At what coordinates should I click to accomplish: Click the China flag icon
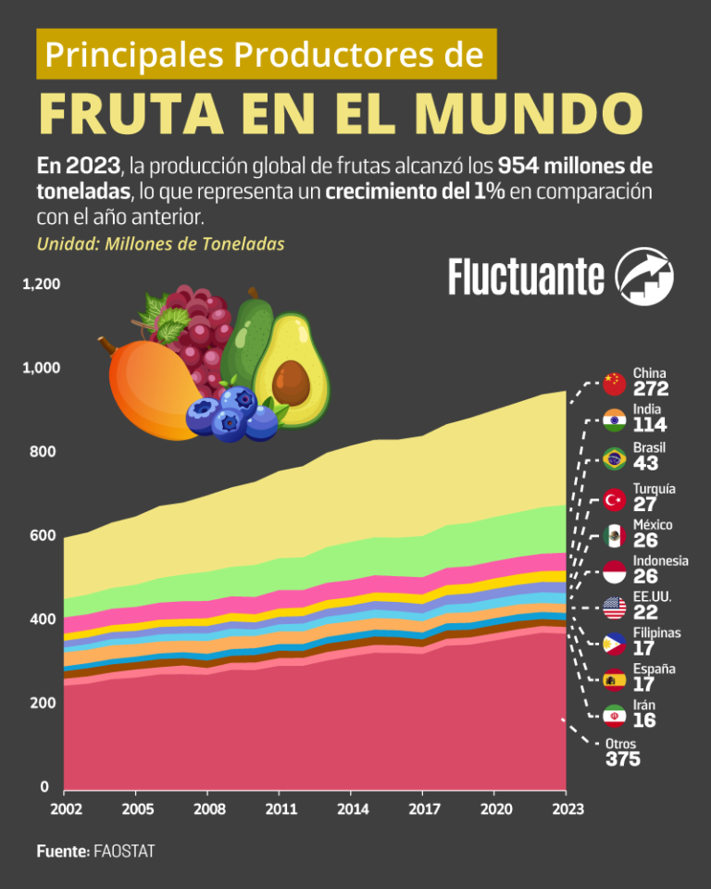(x=614, y=382)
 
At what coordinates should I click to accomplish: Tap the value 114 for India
(x=650, y=426)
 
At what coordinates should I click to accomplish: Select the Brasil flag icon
(x=614, y=458)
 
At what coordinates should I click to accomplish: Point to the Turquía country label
(x=654, y=488)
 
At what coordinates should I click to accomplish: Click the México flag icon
(x=614, y=535)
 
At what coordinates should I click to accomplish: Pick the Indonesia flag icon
(x=614, y=571)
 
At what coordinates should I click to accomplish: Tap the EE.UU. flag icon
(x=614, y=608)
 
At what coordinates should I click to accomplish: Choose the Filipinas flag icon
(x=614, y=644)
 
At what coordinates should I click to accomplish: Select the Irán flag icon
(x=614, y=716)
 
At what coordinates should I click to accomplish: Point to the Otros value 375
(x=623, y=760)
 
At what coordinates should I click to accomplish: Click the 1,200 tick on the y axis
(x=41, y=283)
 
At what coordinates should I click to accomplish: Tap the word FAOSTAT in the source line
(x=124, y=851)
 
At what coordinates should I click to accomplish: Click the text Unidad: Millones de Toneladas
(x=160, y=244)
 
